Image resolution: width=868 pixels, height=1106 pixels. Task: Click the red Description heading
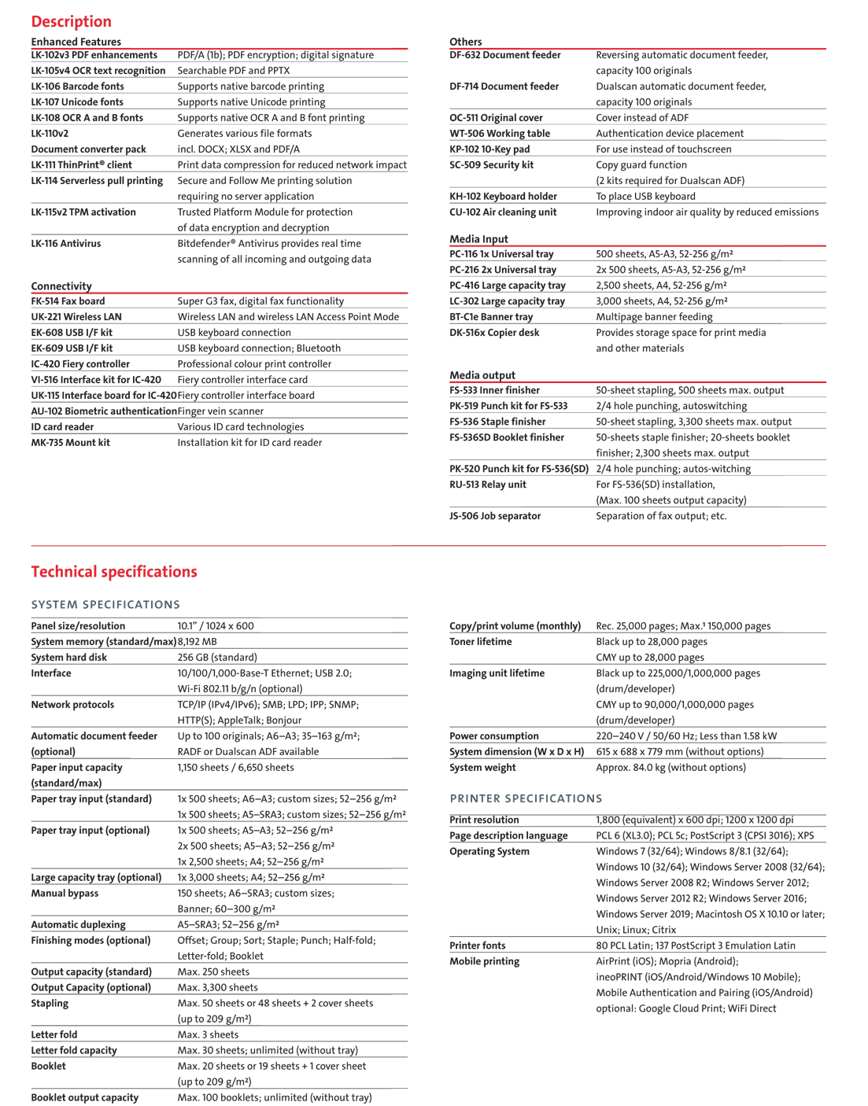(x=71, y=21)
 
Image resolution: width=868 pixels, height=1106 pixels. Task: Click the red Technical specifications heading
(x=114, y=572)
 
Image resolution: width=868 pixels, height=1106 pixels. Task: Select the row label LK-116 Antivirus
(x=66, y=244)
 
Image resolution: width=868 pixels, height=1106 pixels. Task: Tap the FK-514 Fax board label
(x=68, y=301)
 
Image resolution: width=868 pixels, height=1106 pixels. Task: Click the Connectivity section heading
(x=61, y=286)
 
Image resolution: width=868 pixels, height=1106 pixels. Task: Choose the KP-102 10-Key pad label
(x=489, y=149)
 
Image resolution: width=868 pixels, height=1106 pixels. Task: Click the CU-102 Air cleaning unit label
(x=503, y=212)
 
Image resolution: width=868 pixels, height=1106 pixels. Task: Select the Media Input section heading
(x=478, y=239)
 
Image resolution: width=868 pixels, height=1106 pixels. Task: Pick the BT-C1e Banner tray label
(x=491, y=317)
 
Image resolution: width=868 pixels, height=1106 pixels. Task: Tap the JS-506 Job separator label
(x=495, y=516)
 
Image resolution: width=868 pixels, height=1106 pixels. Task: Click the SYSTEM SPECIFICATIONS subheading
(x=105, y=605)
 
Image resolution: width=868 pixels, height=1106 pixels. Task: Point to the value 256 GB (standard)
(x=217, y=658)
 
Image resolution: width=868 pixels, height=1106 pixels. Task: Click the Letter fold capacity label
(x=74, y=1051)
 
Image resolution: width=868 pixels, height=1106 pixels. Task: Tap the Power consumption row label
(x=494, y=736)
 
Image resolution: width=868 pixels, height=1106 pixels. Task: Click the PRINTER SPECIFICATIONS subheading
(x=526, y=798)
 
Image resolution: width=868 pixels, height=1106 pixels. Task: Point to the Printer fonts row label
(x=478, y=946)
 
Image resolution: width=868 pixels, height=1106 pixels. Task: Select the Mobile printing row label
(x=485, y=961)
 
